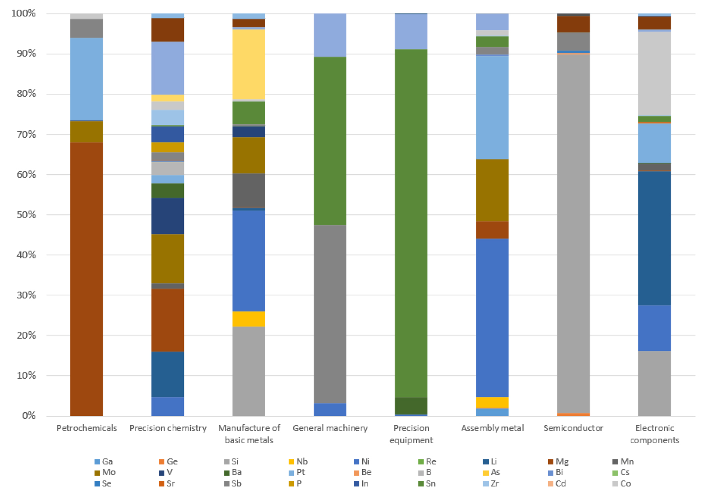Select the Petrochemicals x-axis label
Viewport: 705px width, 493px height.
click(87, 428)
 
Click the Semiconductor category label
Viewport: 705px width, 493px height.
click(573, 428)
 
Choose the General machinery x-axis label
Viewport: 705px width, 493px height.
click(330, 428)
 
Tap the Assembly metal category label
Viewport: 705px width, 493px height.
click(492, 428)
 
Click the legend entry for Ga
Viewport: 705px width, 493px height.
click(103, 461)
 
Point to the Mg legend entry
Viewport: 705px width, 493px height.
click(559, 461)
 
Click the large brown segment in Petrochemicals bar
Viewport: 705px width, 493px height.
click(87, 279)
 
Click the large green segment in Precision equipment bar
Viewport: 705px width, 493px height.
click(411, 222)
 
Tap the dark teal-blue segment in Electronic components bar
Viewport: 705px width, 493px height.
click(654, 238)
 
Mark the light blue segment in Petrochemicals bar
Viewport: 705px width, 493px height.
click(87, 79)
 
